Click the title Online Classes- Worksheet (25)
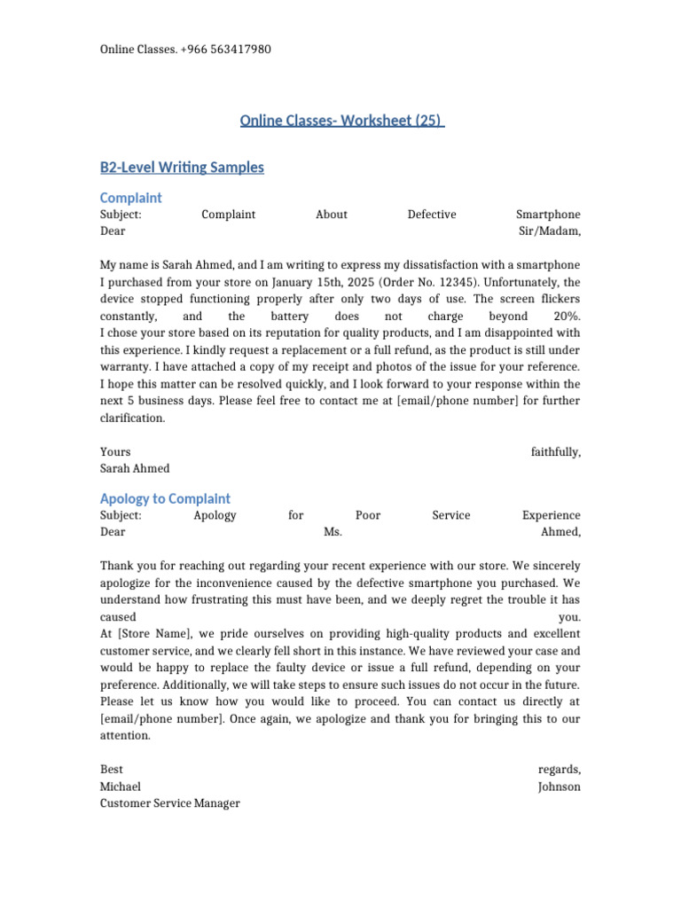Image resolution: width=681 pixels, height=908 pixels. click(x=341, y=121)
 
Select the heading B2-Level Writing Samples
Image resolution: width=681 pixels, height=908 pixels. click(x=182, y=167)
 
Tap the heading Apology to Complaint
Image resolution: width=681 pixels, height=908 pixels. click(x=165, y=498)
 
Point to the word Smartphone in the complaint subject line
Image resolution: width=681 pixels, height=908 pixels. click(x=548, y=214)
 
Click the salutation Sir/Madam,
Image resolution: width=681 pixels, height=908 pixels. click(x=550, y=231)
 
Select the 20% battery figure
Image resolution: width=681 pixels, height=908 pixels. click(x=567, y=316)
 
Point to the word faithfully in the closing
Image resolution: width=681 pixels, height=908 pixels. click(x=556, y=451)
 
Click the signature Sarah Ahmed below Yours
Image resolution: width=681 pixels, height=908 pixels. click(x=135, y=468)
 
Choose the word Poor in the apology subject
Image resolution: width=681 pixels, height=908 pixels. click(x=368, y=515)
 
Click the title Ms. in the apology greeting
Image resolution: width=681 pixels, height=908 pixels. click(x=333, y=532)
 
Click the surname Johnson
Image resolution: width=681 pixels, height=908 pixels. click(x=560, y=787)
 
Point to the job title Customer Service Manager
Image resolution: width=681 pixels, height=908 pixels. click(x=170, y=803)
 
